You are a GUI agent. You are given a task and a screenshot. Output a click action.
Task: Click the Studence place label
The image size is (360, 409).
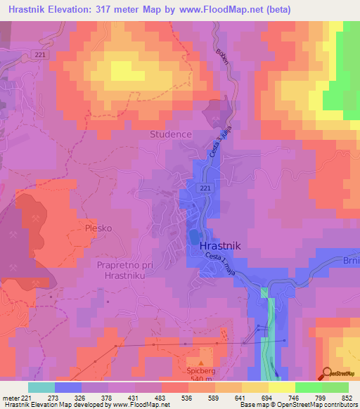pos(169,134)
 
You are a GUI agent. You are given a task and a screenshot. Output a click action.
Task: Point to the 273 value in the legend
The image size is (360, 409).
pos(54,398)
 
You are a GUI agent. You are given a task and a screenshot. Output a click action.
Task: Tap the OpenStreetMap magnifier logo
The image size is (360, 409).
pos(328,373)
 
